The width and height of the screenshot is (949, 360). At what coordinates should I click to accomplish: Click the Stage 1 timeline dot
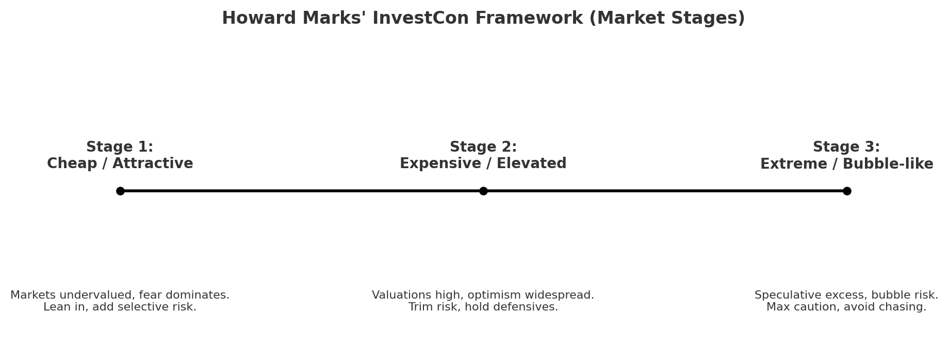(120, 191)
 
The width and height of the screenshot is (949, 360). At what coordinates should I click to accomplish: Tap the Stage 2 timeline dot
(483, 191)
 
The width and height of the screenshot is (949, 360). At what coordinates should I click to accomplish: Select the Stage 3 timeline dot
(847, 191)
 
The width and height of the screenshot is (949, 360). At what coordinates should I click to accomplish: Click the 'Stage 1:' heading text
(120, 147)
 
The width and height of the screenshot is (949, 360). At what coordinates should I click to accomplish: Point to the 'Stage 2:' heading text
(483, 147)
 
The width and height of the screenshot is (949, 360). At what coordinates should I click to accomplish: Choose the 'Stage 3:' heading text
(846, 147)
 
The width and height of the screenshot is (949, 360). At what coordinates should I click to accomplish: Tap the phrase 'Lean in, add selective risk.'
(120, 307)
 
